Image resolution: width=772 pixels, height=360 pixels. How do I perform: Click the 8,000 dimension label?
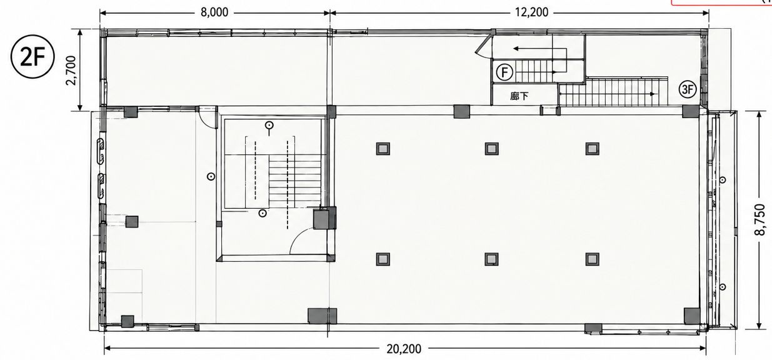tap(214, 12)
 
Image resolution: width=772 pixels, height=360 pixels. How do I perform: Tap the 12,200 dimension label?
tap(531, 12)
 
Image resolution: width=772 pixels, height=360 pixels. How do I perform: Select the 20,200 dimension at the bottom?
tap(404, 349)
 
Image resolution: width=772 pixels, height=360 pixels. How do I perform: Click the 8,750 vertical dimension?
tap(759, 220)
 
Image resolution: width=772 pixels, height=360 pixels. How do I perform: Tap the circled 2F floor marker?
tap(33, 57)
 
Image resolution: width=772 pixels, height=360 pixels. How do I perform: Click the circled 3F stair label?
tap(688, 89)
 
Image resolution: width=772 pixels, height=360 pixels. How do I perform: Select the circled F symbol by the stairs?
tap(504, 72)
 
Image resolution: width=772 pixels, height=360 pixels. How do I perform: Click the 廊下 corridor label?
tap(519, 96)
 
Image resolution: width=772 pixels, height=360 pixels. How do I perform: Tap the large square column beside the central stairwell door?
tap(324, 217)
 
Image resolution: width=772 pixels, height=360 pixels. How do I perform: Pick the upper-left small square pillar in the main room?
tap(383, 149)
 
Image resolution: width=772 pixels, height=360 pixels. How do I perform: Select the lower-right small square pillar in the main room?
tap(592, 259)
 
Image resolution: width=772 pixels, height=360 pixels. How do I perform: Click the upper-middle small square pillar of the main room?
tap(491, 149)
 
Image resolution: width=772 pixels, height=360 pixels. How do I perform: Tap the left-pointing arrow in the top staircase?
tap(539, 49)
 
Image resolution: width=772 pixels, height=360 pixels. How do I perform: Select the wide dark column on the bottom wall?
tap(323, 316)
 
